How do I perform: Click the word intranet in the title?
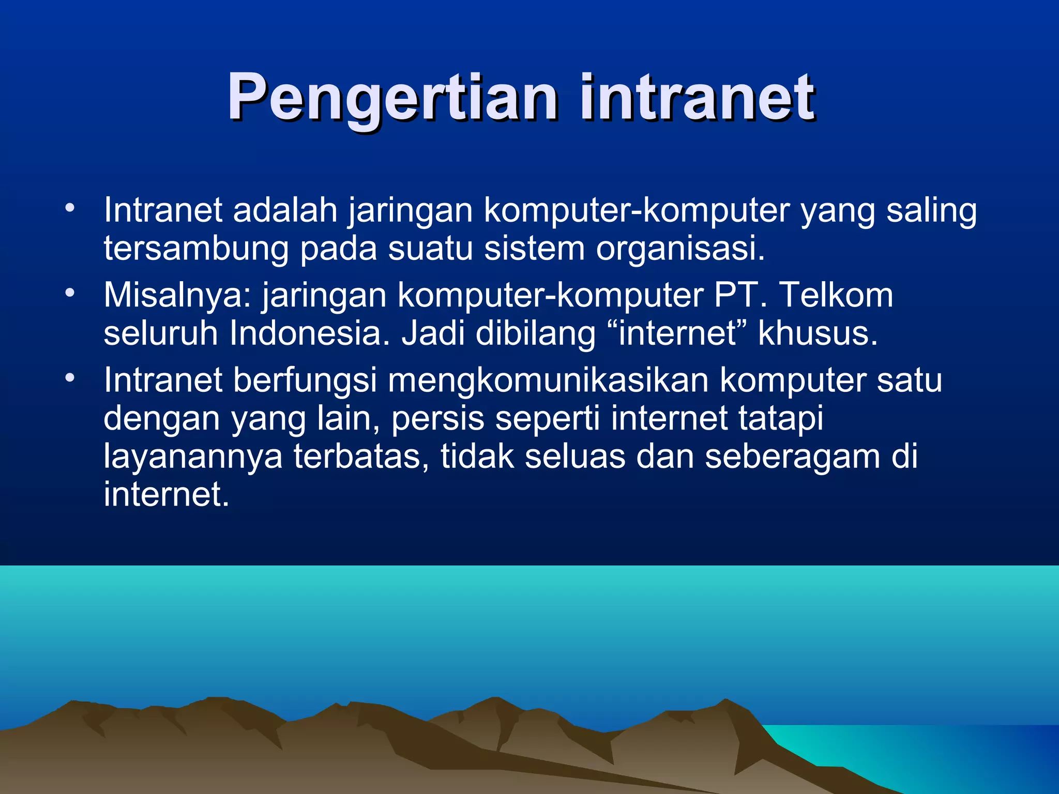697,97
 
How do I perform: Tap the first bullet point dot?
70,209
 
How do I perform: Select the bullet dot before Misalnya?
70,294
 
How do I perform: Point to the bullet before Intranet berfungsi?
70,378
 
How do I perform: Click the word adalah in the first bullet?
285,210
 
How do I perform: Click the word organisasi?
680,249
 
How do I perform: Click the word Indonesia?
309,333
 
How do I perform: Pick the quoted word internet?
677,333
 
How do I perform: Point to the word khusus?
818,333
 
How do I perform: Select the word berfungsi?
305,381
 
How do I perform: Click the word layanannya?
193,457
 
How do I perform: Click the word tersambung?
196,249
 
